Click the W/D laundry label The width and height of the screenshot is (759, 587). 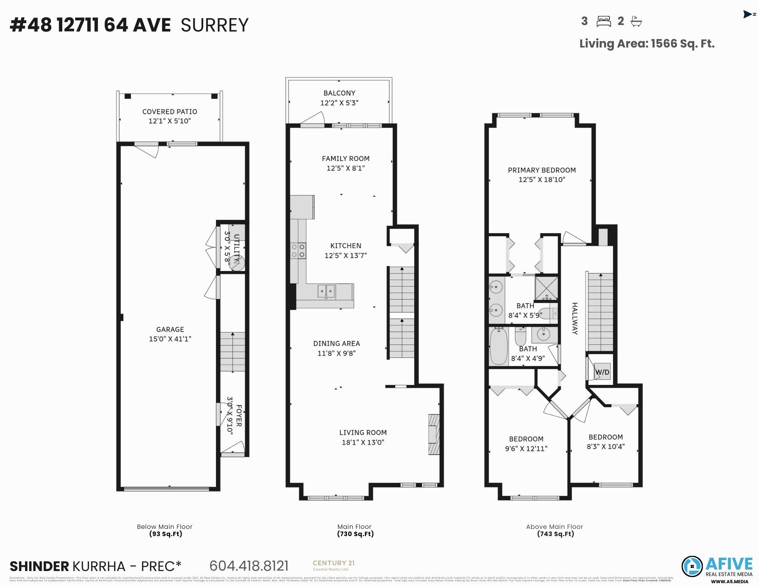click(602, 372)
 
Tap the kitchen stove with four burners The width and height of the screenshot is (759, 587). click(298, 250)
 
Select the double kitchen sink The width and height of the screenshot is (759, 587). click(326, 291)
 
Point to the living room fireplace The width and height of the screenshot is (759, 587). click(434, 434)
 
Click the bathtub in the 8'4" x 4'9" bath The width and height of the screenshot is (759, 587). click(499, 347)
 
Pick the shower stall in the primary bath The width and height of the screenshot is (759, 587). click(546, 288)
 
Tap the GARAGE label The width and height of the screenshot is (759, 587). click(170, 329)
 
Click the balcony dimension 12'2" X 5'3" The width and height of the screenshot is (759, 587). click(339, 103)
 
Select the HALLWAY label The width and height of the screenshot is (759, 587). click(575, 318)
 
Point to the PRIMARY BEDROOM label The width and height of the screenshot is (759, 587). click(542, 170)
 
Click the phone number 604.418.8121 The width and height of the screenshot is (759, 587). click(249, 566)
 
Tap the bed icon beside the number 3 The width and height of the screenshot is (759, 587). click(603, 21)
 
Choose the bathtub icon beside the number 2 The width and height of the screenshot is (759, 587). click(636, 21)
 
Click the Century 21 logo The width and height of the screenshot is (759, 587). click(334, 565)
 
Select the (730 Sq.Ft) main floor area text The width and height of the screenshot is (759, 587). click(355, 534)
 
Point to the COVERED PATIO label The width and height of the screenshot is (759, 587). click(170, 112)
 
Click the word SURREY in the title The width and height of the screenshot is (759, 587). click(215, 25)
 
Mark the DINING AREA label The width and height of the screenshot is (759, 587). click(336, 343)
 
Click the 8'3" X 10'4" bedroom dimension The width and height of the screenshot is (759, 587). click(606, 446)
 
